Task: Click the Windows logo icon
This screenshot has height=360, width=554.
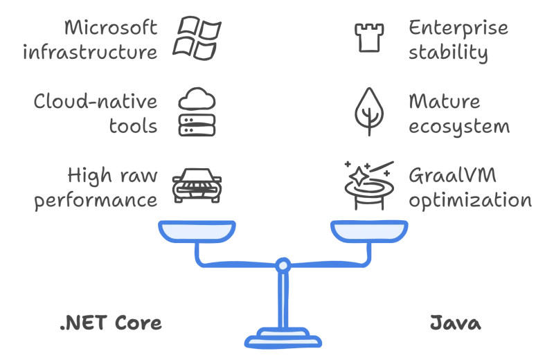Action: tap(197, 38)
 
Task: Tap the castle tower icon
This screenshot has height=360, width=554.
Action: tap(369, 38)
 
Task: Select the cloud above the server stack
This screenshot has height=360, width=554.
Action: tap(197, 99)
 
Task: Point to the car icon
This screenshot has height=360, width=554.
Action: tap(197, 186)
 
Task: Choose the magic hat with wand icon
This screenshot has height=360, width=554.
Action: tap(369, 186)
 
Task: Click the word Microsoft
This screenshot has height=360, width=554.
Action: tap(111, 28)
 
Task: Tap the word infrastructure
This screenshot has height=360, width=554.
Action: tap(90, 53)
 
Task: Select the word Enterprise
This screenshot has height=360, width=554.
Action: tap(458, 28)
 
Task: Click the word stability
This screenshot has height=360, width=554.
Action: tap(448, 53)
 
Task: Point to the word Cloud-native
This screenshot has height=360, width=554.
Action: tap(96, 101)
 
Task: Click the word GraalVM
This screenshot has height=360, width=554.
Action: tap(453, 175)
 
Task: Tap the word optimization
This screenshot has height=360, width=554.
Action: tap(470, 201)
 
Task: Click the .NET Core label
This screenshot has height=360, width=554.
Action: tap(111, 323)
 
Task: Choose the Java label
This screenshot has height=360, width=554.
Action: tap(456, 323)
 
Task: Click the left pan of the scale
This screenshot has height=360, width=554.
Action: tap(197, 231)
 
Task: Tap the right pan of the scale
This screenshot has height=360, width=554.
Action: tap(369, 231)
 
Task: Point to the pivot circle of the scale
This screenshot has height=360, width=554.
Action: tap(283, 265)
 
